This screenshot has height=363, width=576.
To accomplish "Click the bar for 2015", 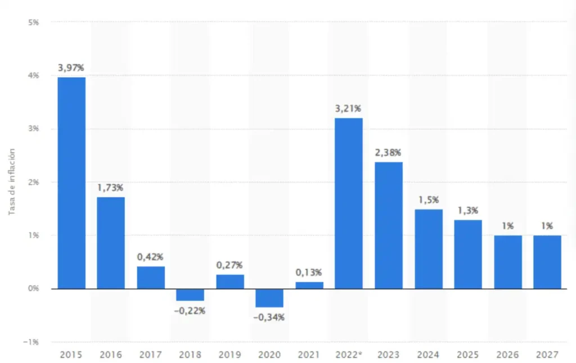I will pos(71,183).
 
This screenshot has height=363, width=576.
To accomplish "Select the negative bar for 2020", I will pos(269,298).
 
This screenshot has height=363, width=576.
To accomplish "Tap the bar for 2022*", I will pos(349,203).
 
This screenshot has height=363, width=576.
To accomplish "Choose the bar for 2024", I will pos(429,249).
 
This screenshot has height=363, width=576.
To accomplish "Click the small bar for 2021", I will pos(309,285).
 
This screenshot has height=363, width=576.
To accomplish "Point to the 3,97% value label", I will pos(71,68).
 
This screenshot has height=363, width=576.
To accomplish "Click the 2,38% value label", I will pos(389,152).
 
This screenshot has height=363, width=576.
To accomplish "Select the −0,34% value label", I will pos(269,317).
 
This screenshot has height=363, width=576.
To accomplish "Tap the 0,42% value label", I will pos(151,257).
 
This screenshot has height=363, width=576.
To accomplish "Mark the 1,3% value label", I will pos(468,211).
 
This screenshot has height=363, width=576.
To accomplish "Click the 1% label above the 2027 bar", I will pos(547,226).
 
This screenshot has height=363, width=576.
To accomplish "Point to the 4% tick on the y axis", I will pos(33,75).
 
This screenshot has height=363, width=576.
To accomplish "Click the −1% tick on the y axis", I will pos(31,342).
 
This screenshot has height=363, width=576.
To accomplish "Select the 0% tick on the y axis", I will pos(33,289).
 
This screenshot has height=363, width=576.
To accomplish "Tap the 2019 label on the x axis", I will pos(230,355).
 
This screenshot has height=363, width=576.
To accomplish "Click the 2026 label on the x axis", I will pos(507,355).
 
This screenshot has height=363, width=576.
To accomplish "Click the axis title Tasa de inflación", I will pos(12,182).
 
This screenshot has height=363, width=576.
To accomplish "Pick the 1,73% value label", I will pos(111,188).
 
